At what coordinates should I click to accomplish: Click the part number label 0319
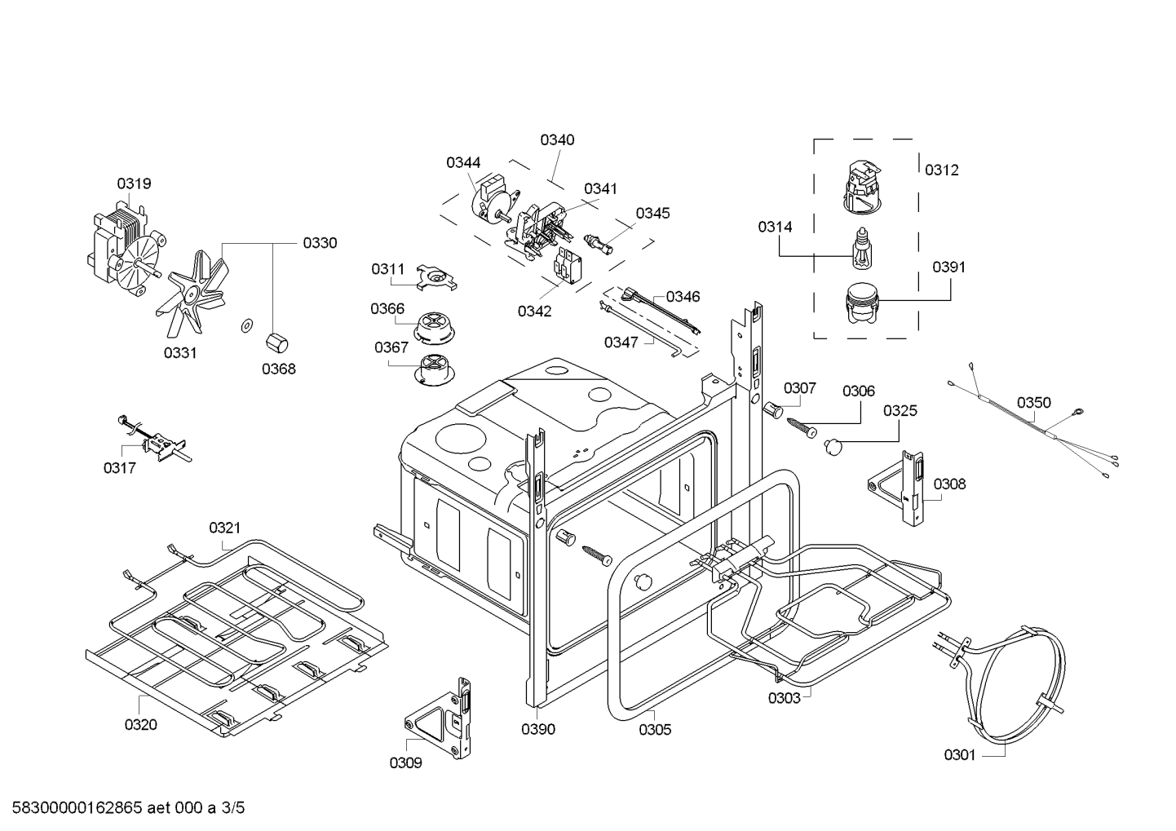[x=134, y=183]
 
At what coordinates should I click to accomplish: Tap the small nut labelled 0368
[x=275, y=340]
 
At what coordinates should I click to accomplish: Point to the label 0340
[x=557, y=139]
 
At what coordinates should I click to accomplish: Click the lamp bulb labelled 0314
[x=860, y=250]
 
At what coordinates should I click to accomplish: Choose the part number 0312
[x=941, y=170]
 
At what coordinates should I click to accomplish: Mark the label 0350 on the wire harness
[x=1033, y=402]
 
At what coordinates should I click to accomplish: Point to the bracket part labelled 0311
[x=435, y=278]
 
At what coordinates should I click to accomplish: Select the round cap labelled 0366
[x=439, y=326]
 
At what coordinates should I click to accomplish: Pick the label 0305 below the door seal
[x=654, y=729]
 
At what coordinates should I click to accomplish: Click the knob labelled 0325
[x=833, y=445]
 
